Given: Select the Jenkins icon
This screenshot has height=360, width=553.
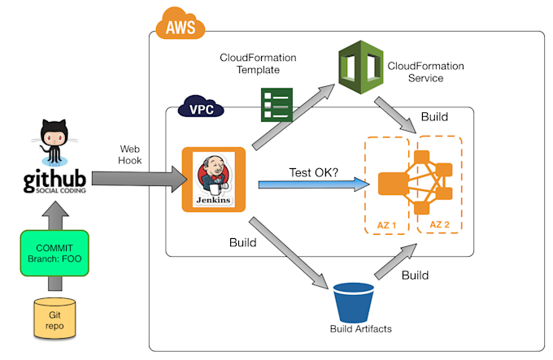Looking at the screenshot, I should click(x=214, y=179).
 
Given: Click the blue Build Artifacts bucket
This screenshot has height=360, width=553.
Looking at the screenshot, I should click(x=355, y=300).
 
